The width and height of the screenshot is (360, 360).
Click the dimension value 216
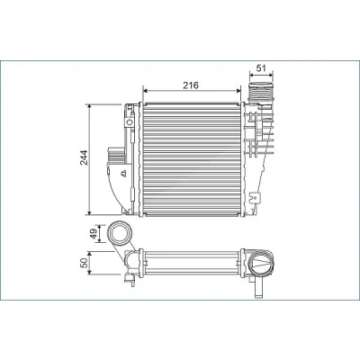[x=191, y=85]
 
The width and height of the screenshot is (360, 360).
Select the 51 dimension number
[x=262, y=68]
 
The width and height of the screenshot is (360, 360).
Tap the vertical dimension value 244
[x=84, y=157]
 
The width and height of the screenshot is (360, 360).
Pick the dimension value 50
[x=85, y=263]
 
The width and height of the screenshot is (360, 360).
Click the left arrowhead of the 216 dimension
[x=145, y=90]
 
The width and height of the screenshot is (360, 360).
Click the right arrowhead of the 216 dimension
[x=238, y=90]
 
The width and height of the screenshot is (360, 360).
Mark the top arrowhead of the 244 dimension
[x=89, y=107]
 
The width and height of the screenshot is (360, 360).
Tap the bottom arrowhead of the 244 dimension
[x=89, y=212]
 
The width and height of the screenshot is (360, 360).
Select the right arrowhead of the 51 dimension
[x=271, y=73]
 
